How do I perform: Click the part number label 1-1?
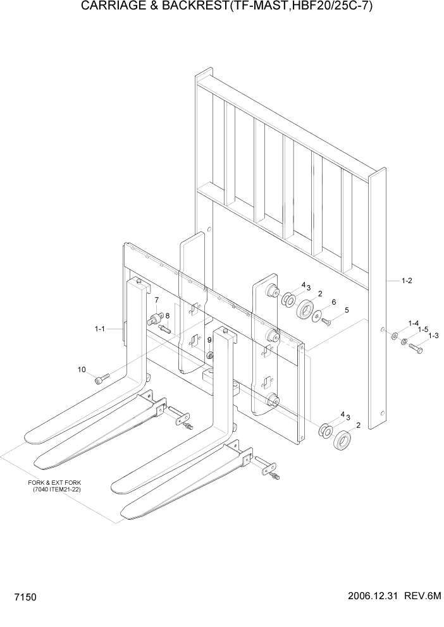click(99, 329)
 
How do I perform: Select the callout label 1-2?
click(407, 281)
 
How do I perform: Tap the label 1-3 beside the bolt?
click(433, 336)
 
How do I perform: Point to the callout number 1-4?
click(414, 324)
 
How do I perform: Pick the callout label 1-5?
click(423, 329)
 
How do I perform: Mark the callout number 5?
click(346, 310)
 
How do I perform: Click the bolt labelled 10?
click(101, 379)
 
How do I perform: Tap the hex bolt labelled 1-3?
click(416, 347)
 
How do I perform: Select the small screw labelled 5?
click(327, 322)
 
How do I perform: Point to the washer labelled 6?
click(317, 316)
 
